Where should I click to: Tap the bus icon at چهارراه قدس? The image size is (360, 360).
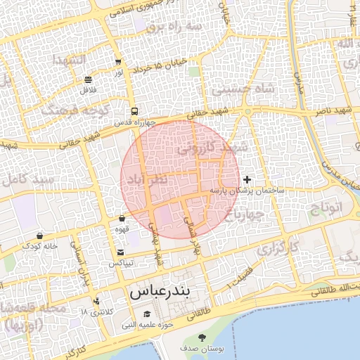134,111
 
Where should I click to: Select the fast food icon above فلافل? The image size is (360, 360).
88,79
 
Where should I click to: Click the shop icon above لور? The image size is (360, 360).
117,62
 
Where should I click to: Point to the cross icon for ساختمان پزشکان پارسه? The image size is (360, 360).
247,180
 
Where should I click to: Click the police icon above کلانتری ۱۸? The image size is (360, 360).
96,301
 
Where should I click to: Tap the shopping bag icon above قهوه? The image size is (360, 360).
122,219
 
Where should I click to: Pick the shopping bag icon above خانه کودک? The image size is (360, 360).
39,236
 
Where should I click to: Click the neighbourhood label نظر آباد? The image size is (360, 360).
146,181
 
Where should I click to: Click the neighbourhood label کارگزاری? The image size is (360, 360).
277,249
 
